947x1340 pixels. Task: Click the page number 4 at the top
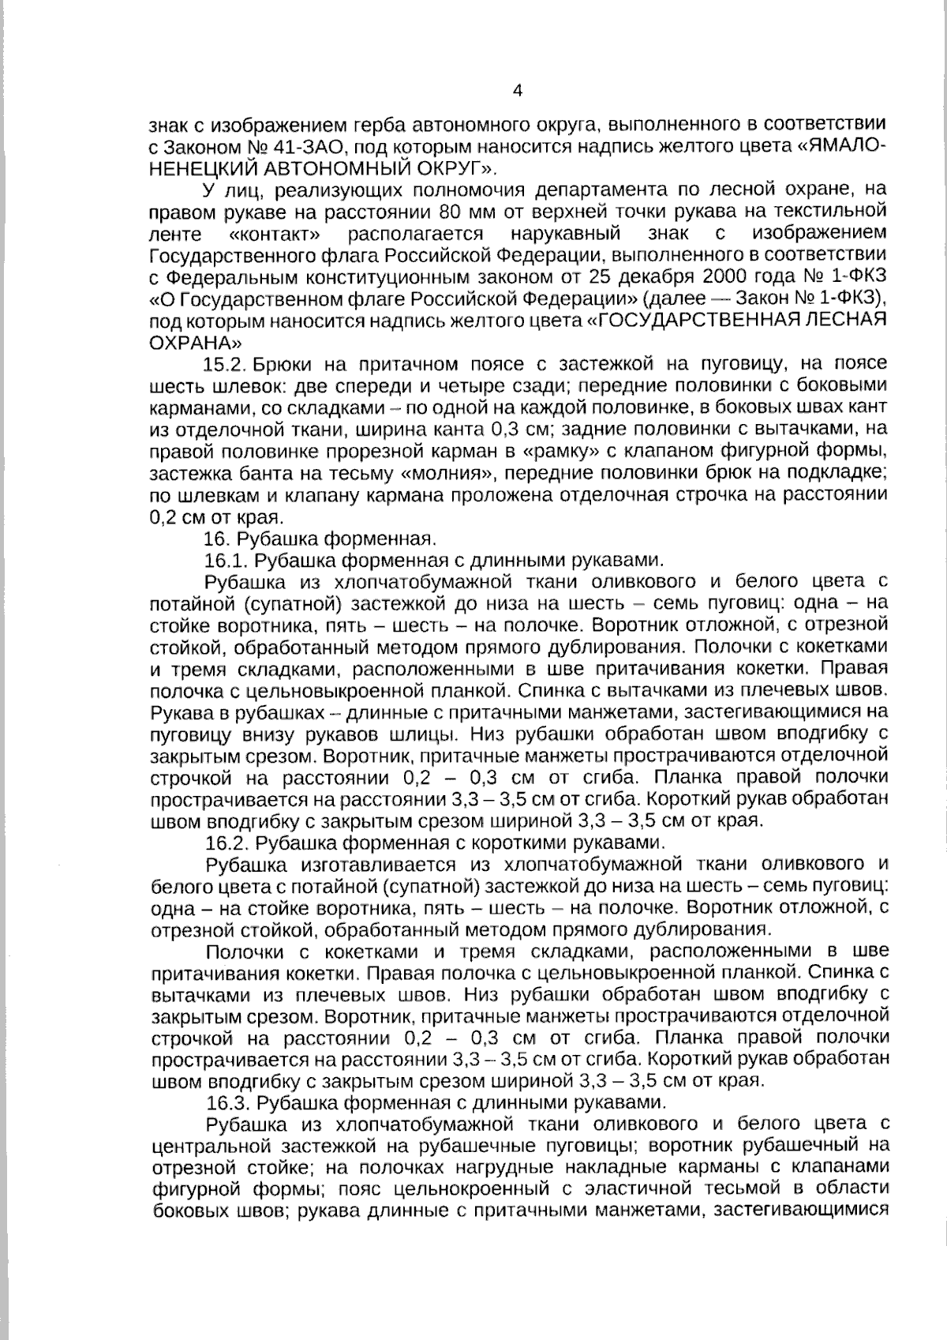[x=518, y=90]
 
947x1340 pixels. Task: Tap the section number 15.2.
[x=226, y=365]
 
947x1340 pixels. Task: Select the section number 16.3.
[x=228, y=1102]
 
